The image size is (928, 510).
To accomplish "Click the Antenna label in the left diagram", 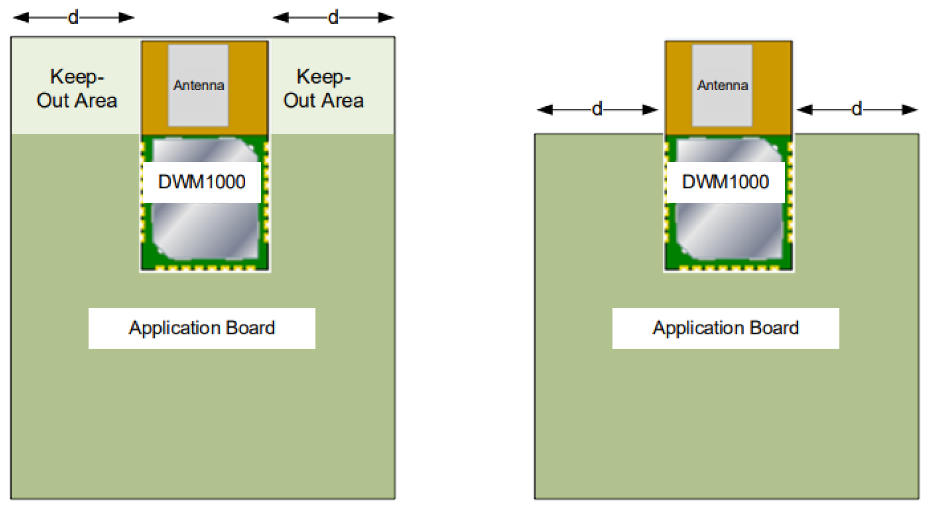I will click(x=199, y=85).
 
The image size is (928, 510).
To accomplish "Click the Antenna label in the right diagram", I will click(x=722, y=85).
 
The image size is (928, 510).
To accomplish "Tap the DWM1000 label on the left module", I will click(x=202, y=182).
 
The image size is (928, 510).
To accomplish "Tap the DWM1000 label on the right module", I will click(x=725, y=182).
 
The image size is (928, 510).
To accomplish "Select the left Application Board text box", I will click(x=202, y=328).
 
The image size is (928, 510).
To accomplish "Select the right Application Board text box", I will click(x=725, y=328).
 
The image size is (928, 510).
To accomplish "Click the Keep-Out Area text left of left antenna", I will click(x=77, y=89).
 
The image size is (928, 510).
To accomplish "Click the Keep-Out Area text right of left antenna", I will click(x=323, y=89).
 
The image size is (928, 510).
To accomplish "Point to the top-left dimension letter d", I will click(x=73, y=18).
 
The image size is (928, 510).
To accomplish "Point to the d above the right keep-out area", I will click(x=333, y=18).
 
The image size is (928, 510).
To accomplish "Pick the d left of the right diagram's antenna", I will click(x=597, y=109).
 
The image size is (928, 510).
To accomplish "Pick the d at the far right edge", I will click(x=856, y=109).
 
